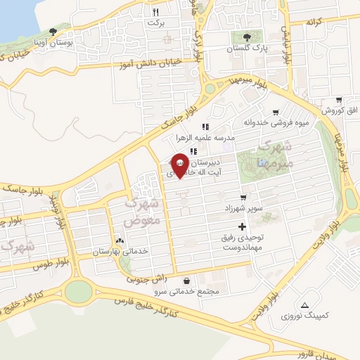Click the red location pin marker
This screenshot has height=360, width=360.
(180, 165)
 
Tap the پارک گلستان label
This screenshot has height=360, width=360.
(252, 49)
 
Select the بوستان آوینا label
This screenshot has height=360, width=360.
(54, 43)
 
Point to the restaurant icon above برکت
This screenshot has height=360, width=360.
(155, 12)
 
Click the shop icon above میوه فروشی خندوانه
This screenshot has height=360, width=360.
(276, 111)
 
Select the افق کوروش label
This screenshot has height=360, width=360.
(340, 110)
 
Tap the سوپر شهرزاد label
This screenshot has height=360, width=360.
(242, 190)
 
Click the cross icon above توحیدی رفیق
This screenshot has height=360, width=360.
(243, 226)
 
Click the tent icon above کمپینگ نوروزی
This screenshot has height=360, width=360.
(304, 305)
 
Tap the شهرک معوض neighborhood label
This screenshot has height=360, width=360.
(143, 210)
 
